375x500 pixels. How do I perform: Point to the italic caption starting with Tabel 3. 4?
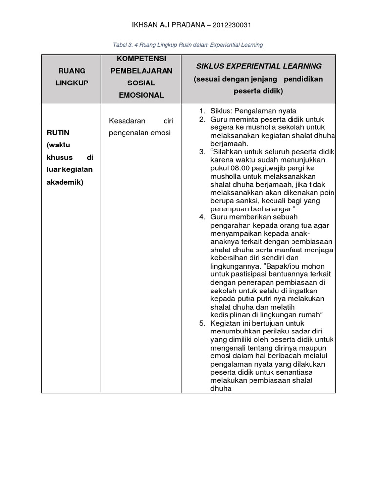click(187, 45)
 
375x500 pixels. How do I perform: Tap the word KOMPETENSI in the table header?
click(141, 59)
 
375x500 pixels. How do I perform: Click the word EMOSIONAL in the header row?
click(141, 95)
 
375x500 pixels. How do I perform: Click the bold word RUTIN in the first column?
click(58, 133)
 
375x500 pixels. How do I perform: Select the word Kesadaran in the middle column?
click(125, 120)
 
